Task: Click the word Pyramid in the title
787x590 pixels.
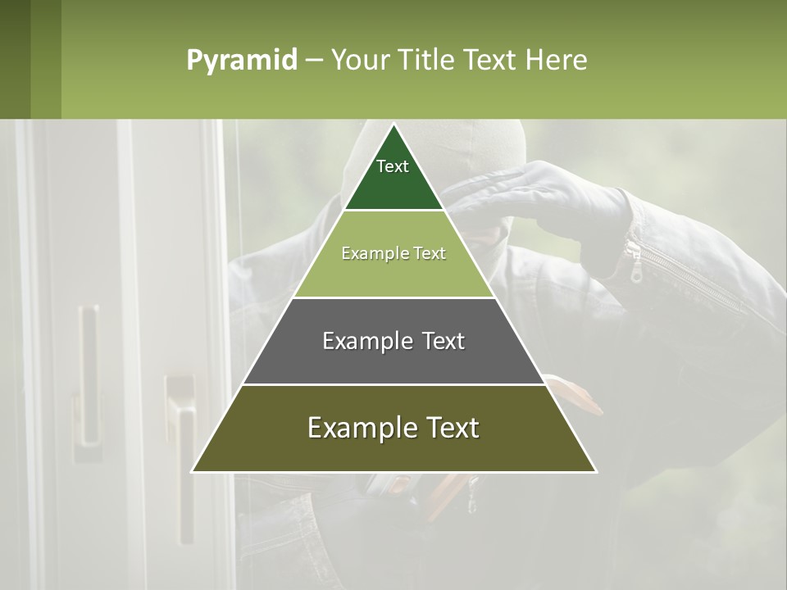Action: coord(242,61)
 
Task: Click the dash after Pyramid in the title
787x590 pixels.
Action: coord(314,61)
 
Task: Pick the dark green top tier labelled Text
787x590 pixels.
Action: coord(393,176)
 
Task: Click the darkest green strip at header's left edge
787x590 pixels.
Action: coord(15,59)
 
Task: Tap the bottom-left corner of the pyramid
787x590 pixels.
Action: coord(193,471)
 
